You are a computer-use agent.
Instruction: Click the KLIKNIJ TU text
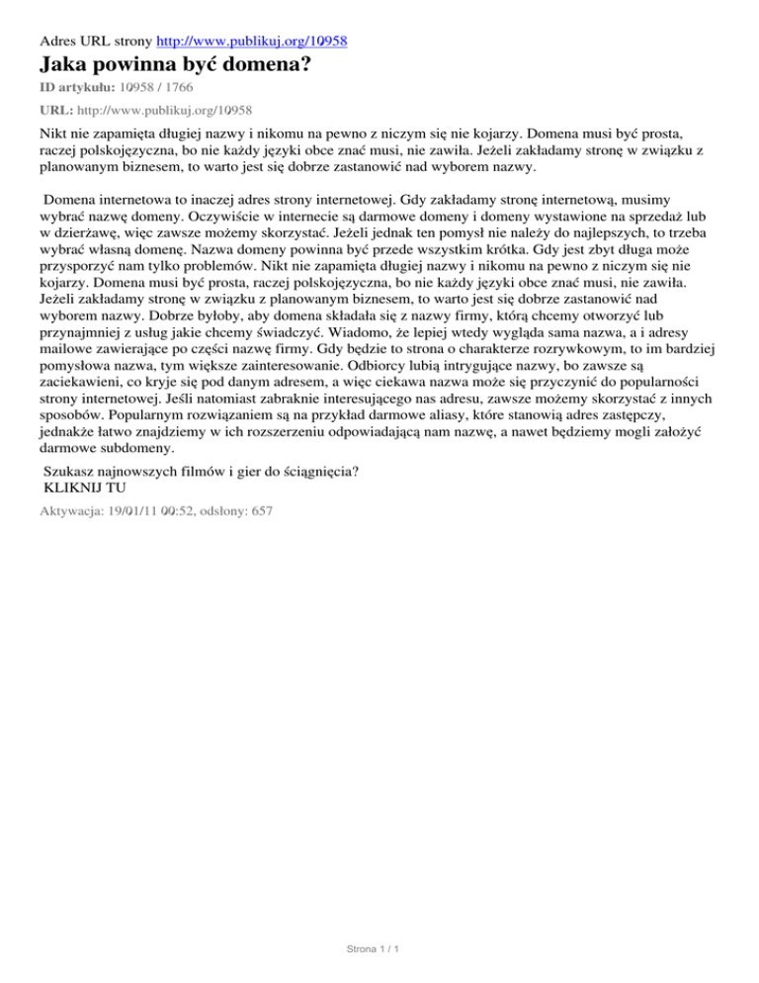click(x=86, y=487)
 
